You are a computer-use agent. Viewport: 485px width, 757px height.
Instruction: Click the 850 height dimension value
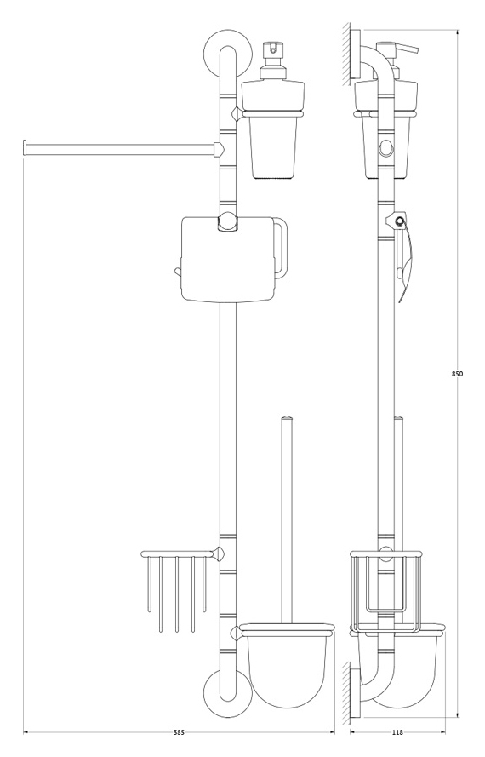click(458, 373)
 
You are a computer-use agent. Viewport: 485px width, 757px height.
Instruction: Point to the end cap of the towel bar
click(24, 147)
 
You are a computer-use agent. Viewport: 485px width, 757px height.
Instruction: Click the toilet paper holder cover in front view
click(227, 259)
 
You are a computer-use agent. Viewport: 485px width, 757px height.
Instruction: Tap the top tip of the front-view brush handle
click(287, 416)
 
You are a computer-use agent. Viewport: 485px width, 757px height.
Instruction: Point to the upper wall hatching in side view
click(346, 53)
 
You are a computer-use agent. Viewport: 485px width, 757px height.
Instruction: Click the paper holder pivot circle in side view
click(398, 221)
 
